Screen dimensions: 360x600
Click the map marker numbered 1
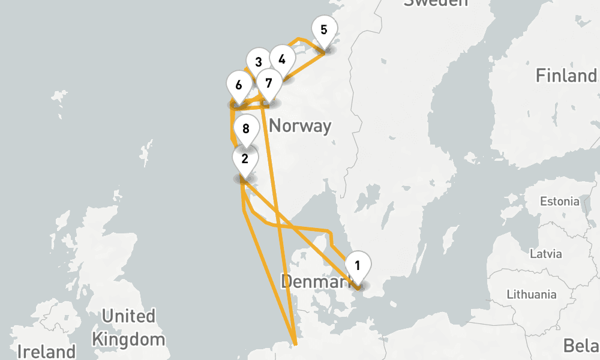tap(358, 265)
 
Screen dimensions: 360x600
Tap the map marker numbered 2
tap(245, 159)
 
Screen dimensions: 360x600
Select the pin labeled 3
tap(259, 62)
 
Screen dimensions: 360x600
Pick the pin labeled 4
tap(282, 59)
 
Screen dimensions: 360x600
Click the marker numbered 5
tap(324, 29)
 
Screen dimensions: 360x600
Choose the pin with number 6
tap(239, 85)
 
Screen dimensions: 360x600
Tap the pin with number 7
tap(269, 83)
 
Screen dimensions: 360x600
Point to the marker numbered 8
tap(245, 128)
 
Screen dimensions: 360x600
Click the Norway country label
tap(300, 126)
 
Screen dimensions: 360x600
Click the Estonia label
tap(559, 201)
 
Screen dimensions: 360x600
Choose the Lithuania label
tap(532, 295)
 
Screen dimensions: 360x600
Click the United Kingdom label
tap(128, 327)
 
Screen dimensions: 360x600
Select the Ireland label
tap(46, 351)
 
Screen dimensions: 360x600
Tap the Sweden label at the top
tap(436, 3)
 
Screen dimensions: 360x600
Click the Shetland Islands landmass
tap(146, 149)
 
